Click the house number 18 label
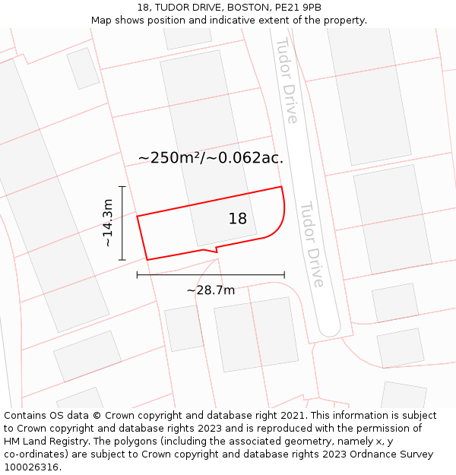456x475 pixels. click(x=238, y=219)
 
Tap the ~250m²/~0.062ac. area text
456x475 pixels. click(x=211, y=158)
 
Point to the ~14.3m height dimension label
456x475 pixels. click(x=108, y=223)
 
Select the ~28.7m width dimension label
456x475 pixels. click(x=211, y=290)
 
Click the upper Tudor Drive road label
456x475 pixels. click(x=287, y=81)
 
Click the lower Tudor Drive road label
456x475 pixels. click(x=312, y=244)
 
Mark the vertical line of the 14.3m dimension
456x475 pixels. click(x=122, y=223)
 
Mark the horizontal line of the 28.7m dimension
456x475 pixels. click(x=211, y=274)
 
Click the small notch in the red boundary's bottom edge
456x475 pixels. click(x=216, y=249)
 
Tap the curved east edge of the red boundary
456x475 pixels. click(x=283, y=213)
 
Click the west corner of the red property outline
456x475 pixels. click(x=138, y=217)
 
